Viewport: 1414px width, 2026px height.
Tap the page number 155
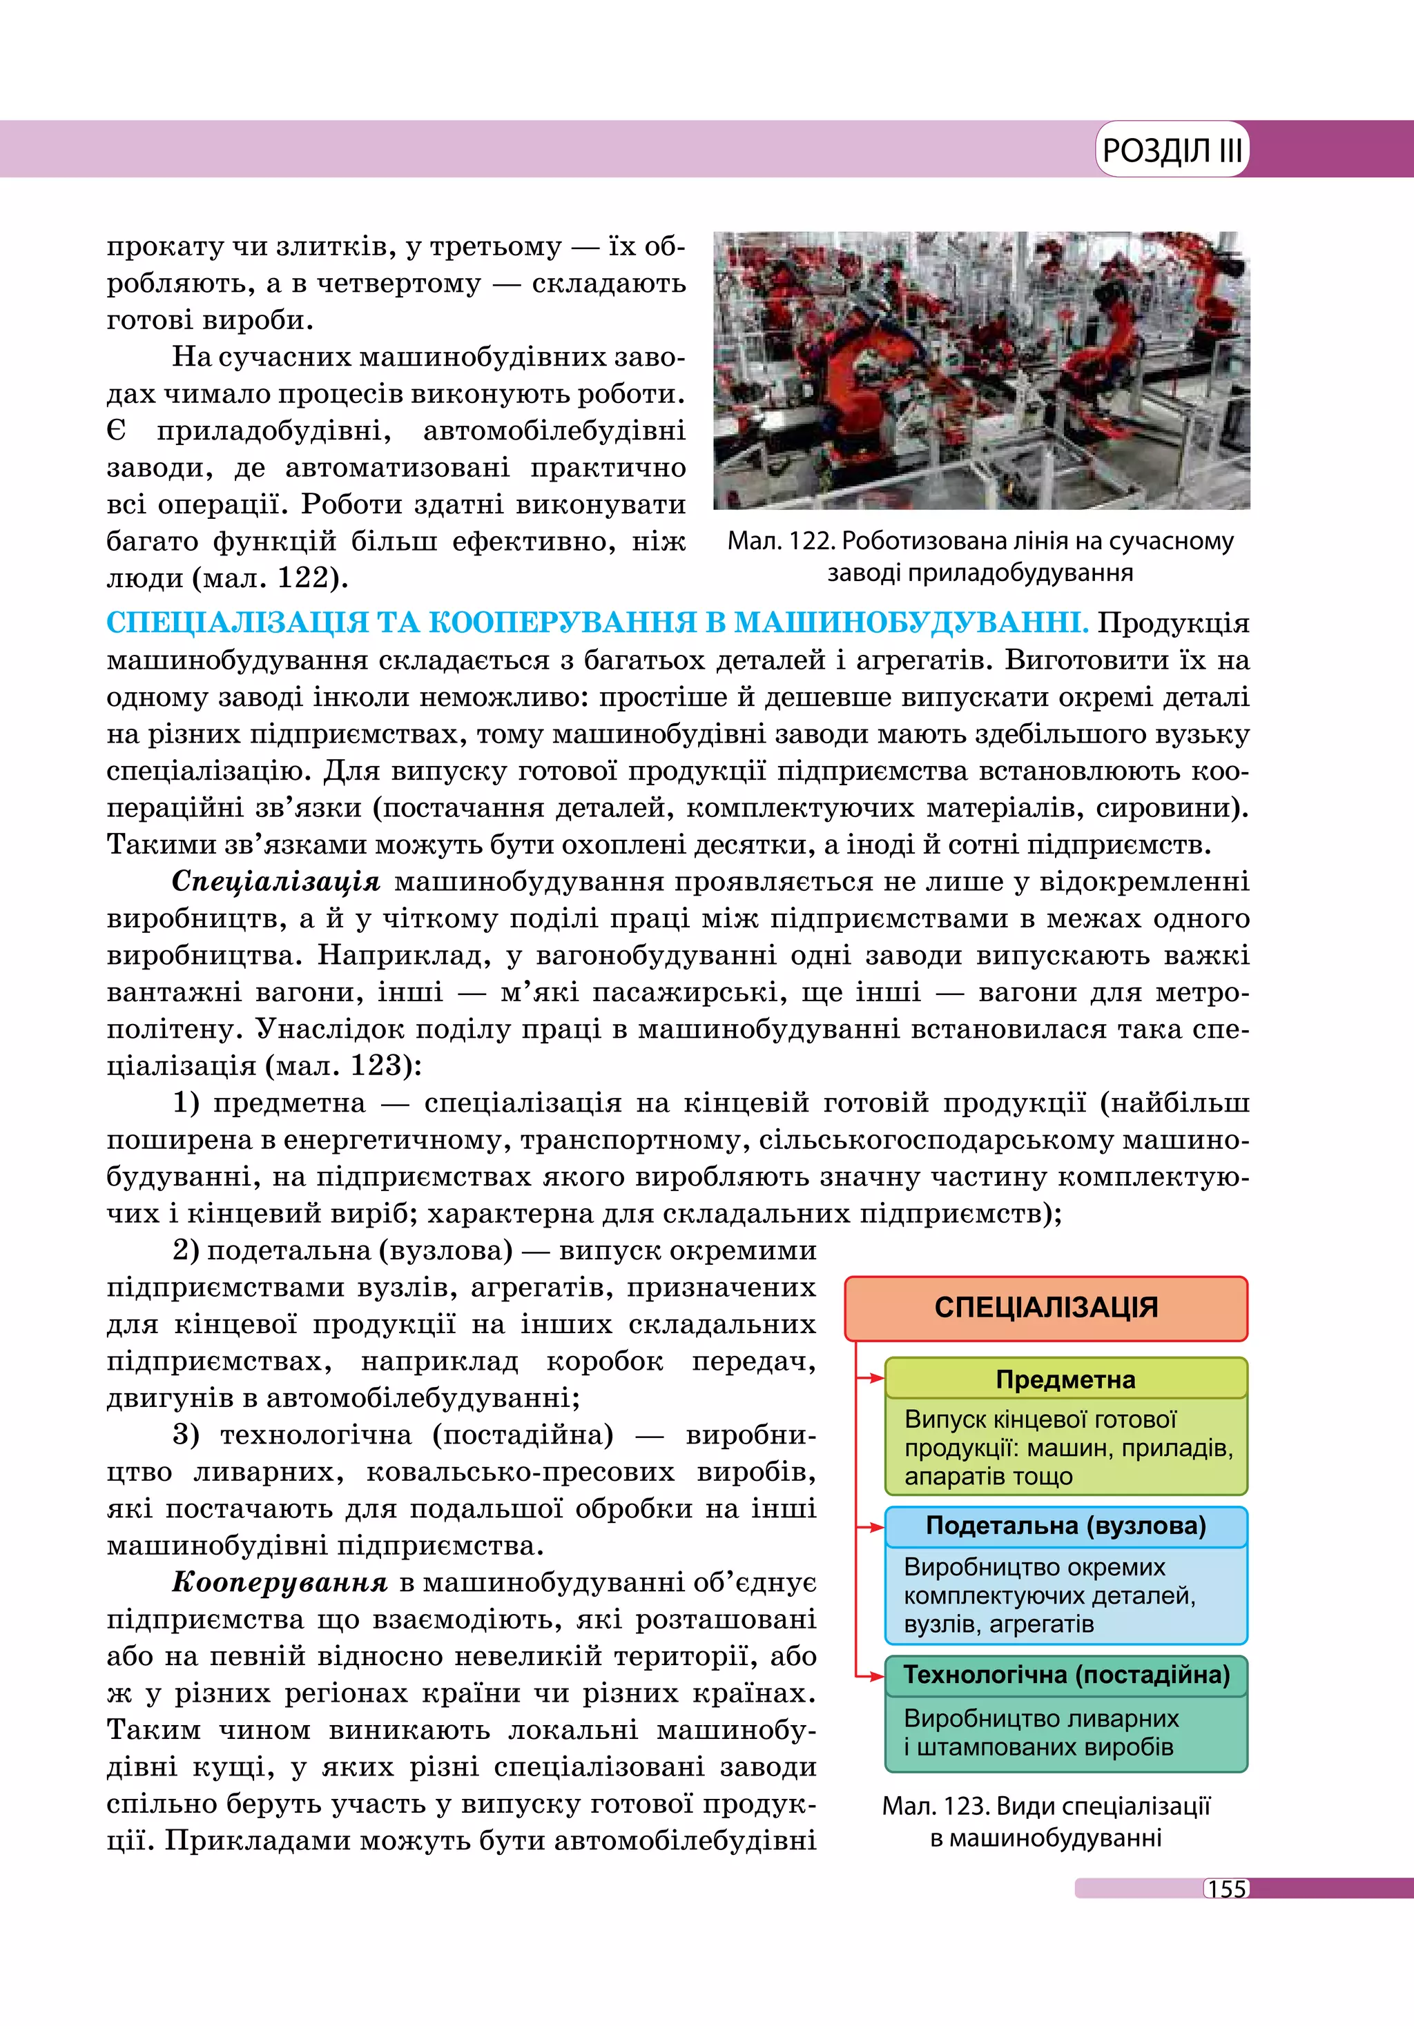tap(1227, 1889)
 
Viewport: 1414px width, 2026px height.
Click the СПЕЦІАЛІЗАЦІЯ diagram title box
tap(1046, 1308)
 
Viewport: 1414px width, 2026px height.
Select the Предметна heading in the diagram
tap(1065, 1379)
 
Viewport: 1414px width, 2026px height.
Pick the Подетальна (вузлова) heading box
tap(1065, 1526)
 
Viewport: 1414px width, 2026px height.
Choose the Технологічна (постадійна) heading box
tap(1065, 1675)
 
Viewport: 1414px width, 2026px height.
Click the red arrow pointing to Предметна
tap(871, 1378)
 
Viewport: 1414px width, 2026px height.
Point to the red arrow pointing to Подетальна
tap(871, 1526)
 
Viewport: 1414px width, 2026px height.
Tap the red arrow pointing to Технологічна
tap(871, 1675)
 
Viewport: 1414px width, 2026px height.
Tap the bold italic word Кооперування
tap(280, 1582)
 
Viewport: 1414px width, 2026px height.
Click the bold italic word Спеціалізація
tap(276, 881)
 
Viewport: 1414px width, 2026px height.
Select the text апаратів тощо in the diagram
tap(988, 1476)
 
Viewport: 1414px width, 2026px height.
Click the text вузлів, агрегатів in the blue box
tap(998, 1624)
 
